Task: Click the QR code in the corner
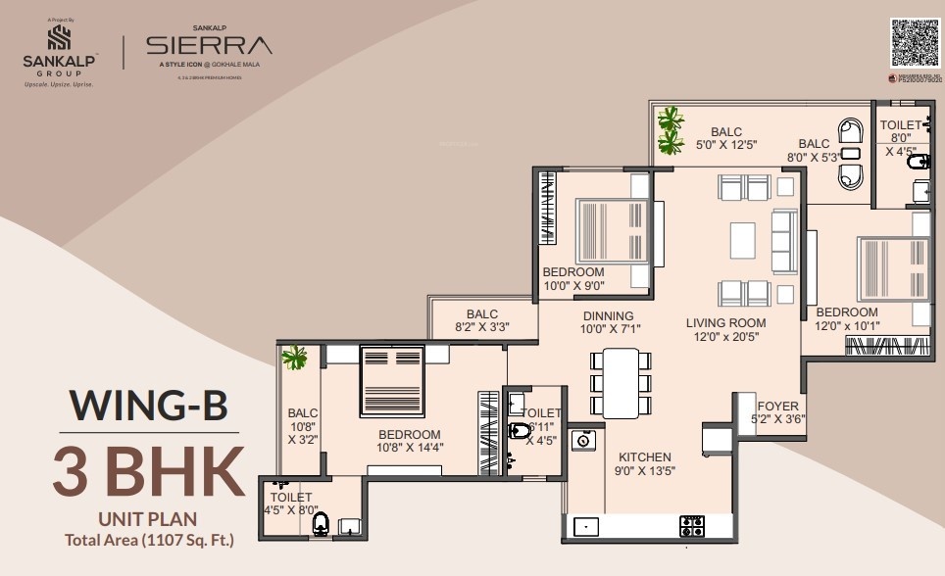pos(914,43)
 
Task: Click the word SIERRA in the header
pos(209,45)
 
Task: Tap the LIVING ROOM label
pos(725,323)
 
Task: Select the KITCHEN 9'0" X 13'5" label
pos(644,463)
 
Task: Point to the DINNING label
pos(608,316)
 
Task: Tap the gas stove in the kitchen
pos(692,526)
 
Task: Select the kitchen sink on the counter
pos(586,527)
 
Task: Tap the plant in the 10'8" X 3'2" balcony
pos(294,358)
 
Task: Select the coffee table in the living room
pos(742,239)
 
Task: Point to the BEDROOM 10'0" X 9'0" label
pos(573,279)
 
